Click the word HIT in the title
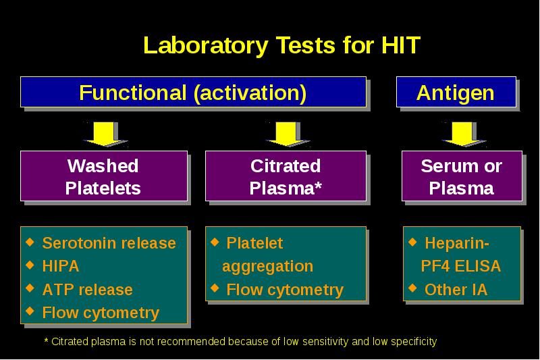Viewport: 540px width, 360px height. (400, 45)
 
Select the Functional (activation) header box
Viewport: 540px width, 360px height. (193, 92)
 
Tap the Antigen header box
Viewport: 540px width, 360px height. (456, 92)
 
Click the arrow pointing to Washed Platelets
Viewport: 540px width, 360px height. (105, 134)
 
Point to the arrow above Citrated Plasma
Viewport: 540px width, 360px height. (286, 134)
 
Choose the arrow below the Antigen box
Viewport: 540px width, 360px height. (462, 134)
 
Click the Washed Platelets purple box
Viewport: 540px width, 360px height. (104, 176)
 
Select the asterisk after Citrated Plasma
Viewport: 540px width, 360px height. (318, 186)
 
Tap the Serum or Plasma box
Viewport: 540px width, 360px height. (462, 176)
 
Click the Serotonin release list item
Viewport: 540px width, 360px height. (109, 243)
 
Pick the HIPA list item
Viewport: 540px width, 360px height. (61, 266)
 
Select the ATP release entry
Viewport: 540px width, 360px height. (88, 290)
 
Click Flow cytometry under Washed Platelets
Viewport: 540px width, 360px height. (101, 313)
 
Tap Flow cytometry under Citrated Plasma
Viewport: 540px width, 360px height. (285, 290)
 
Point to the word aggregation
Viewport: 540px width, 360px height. (267, 267)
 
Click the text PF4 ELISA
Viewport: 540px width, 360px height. (461, 266)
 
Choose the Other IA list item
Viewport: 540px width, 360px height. (456, 290)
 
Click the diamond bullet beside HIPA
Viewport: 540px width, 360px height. (30, 265)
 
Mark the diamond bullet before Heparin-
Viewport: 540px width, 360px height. (412, 242)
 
